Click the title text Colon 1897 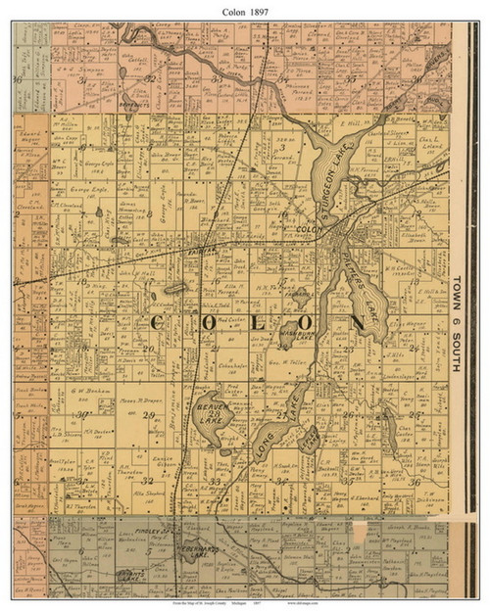pyautogui.click(x=245, y=9)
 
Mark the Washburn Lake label pyautogui.click(x=294, y=328)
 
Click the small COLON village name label pyautogui.click(x=310, y=231)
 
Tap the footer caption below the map pyautogui.click(x=245, y=604)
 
